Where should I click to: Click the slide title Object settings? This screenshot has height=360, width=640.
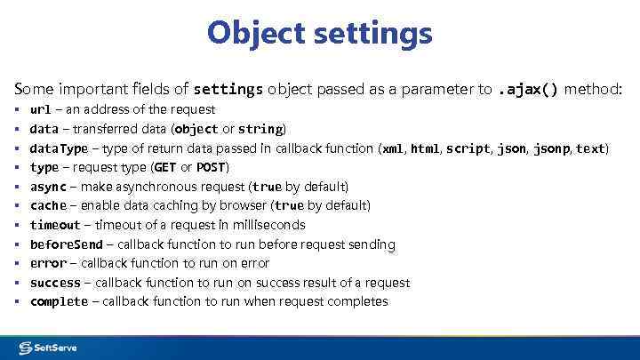coord(320,34)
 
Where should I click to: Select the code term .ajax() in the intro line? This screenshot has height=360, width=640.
coord(527,89)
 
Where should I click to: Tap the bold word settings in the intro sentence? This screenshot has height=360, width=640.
coord(228,89)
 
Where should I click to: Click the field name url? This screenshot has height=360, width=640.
coord(40,109)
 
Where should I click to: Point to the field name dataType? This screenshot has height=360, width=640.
coord(59,148)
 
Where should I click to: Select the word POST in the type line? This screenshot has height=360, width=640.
coord(212,167)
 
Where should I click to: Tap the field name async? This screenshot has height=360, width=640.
coord(48,187)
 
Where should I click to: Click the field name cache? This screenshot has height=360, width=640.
coord(48,205)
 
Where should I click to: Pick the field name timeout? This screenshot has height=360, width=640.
coord(55,225)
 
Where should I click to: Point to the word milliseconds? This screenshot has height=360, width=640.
coord(267,225)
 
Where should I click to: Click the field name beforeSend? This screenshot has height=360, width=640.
coord(67,244)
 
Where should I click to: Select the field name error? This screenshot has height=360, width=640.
coord(48,263)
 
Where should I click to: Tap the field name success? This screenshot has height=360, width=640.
coord(55,283)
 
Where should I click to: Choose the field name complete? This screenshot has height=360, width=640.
coord(59,301)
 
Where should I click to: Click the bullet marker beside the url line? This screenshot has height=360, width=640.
coord(19,109)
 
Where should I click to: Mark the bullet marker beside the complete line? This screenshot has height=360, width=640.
coord(19,301)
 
